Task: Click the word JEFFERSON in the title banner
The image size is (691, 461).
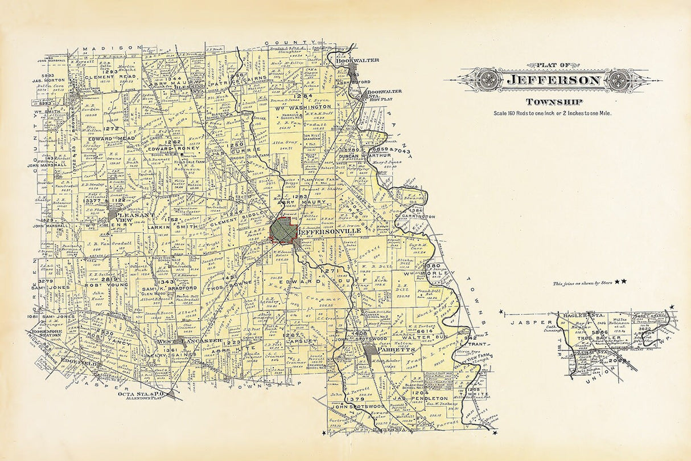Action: tap(554, 80)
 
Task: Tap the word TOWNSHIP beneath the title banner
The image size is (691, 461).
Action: tap(554, 102)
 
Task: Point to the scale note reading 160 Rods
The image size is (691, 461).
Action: tap(554, 113)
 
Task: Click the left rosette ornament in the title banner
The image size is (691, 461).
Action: tap(489, 80)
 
